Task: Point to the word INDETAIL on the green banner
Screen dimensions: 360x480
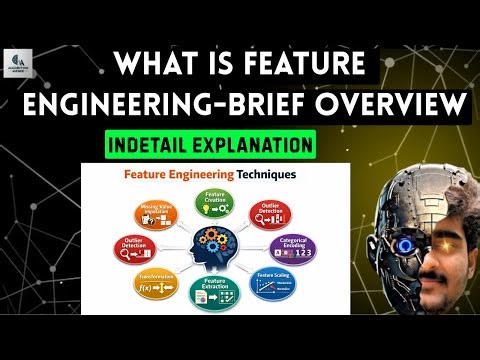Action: coord(159,145)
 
